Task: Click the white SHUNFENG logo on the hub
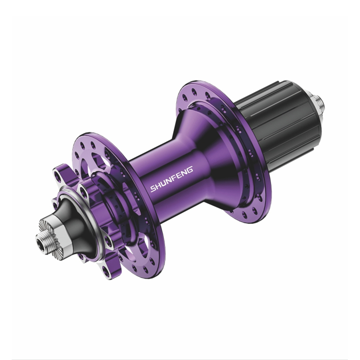tap(172, 179)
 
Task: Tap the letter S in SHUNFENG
tap(153, 189)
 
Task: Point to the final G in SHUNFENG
tap(190, 170)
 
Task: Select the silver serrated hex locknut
tap(54, 239)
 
